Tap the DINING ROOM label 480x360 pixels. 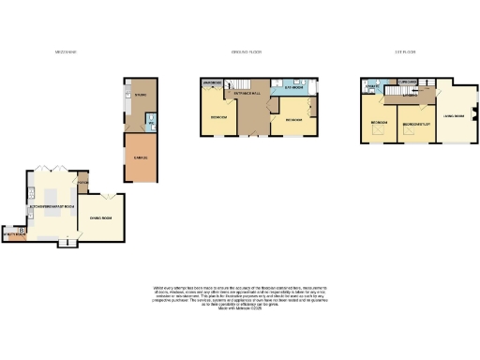[100, 218]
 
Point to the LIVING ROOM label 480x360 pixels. [454, 117]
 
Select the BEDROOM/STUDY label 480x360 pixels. [415, 123]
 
